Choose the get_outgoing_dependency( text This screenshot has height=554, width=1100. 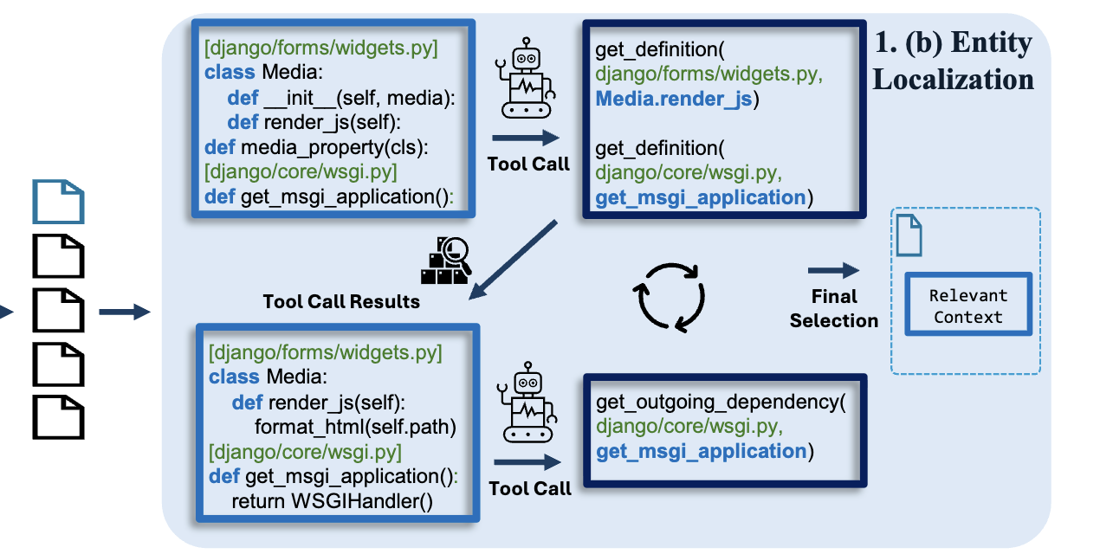click(719, 403)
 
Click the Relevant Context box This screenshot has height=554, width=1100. click(968, 306)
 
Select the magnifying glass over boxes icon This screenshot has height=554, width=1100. click(445, 260)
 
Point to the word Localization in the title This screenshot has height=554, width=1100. click(953, 79)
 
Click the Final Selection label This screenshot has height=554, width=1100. click(833, 309)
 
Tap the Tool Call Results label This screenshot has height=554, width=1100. click(341, 301)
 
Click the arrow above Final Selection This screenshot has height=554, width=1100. click(833, 271)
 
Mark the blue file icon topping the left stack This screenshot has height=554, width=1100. click(58, 201)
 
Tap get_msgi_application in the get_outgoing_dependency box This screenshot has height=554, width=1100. click(701, 451)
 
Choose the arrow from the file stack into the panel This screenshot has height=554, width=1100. click(125, 312)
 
